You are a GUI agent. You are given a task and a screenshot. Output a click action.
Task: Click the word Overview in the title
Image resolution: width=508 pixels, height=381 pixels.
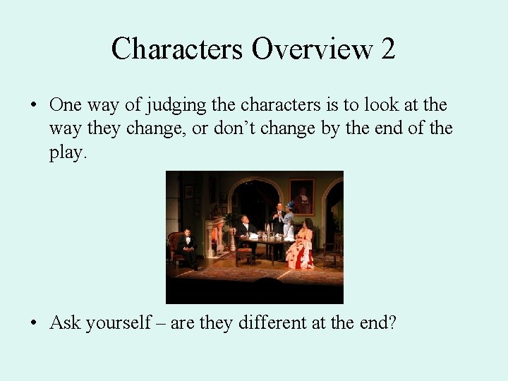point(313,49)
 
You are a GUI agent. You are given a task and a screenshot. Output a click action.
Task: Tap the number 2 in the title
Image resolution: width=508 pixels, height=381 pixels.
point(387,49)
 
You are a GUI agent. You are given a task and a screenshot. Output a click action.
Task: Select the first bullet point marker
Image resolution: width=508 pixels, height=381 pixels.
point(34,106)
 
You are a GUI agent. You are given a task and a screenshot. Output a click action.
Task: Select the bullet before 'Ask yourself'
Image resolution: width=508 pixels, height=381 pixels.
point(34,324)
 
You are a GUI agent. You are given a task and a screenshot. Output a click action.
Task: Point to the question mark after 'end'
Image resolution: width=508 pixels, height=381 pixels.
point(392,323)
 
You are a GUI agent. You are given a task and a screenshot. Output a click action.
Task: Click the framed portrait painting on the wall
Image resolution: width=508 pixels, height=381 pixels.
point(301,196)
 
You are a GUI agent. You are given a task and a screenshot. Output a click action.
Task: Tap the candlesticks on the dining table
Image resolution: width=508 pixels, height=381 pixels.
point(268,230)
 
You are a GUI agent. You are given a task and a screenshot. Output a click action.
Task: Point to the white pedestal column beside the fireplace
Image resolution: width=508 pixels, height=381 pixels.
point(232,240)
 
